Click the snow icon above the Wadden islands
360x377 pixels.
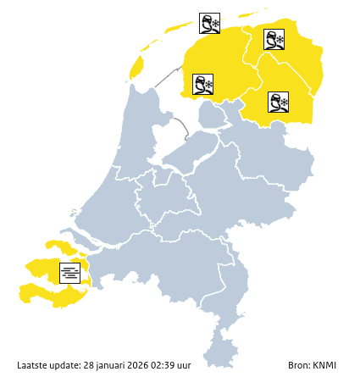209,23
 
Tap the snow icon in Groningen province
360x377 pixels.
274,39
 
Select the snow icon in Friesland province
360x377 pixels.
202,84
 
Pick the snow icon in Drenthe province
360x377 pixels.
279,103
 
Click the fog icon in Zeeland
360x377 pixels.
71,272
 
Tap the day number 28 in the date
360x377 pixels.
88,365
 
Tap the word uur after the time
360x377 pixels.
186,365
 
